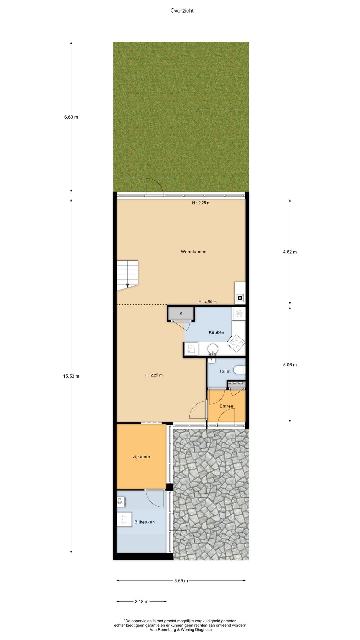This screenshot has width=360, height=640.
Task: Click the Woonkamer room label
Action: click(193, 252)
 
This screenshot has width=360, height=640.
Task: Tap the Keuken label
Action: click(216, 332)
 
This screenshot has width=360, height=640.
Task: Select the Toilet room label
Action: click(225, 371)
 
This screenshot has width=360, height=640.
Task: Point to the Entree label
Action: click(226, 406)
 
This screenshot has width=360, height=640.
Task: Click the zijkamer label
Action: click(142, 457)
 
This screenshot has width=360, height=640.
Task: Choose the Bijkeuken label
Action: click(144, 522)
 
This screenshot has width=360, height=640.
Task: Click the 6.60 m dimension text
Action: click(71, 117)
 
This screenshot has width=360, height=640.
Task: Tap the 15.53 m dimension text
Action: click(71, 376)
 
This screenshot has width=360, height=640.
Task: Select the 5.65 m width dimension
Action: click(181, 581)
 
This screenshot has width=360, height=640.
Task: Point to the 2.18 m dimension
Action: click(141, 602)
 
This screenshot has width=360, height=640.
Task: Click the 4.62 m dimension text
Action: click(290, 252)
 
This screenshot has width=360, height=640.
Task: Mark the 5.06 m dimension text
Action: click(290, 365)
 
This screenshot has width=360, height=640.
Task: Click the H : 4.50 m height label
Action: click(207, 302)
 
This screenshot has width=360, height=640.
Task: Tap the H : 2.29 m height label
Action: click(154, 375)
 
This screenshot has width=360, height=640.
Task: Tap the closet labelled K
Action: click(181, 313)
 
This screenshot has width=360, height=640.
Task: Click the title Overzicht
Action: click(182, 11)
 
